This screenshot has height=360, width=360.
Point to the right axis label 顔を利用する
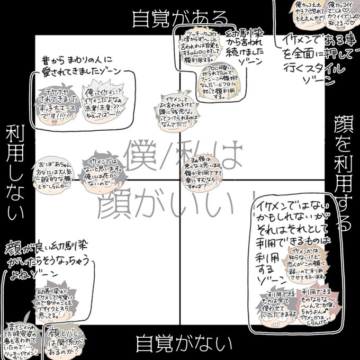click(344, 175)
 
